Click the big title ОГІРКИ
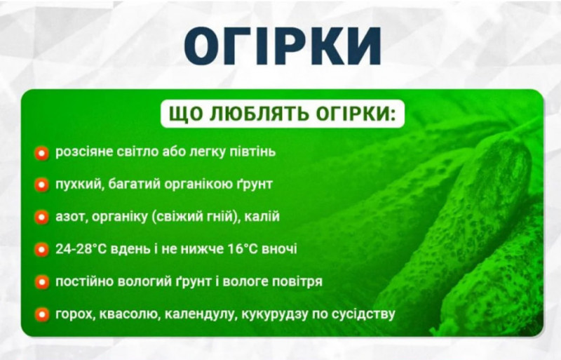[x=283, y=46]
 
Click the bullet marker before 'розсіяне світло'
[x=42, y=152]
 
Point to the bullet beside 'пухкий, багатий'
[x=42, y=185]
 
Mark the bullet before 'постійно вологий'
[x=42, y=282]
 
